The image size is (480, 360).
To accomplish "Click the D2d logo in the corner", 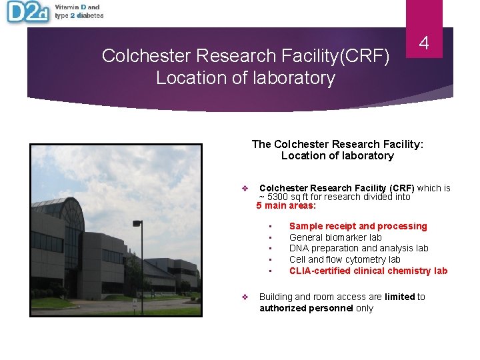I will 27,13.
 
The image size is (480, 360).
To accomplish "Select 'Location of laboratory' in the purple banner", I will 245,78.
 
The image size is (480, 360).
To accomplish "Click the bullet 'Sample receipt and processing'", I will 357,227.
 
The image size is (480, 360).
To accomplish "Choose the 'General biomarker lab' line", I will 335,237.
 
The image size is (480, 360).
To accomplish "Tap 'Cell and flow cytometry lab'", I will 345,259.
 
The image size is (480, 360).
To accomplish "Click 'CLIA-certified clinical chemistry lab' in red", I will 368,271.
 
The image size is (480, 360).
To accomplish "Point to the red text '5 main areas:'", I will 286,206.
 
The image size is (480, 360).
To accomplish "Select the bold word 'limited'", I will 399,297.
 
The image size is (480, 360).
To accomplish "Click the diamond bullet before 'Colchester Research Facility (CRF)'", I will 245,189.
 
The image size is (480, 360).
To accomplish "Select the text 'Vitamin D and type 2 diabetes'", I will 79,11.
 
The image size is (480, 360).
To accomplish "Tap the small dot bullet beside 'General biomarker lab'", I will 270,238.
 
